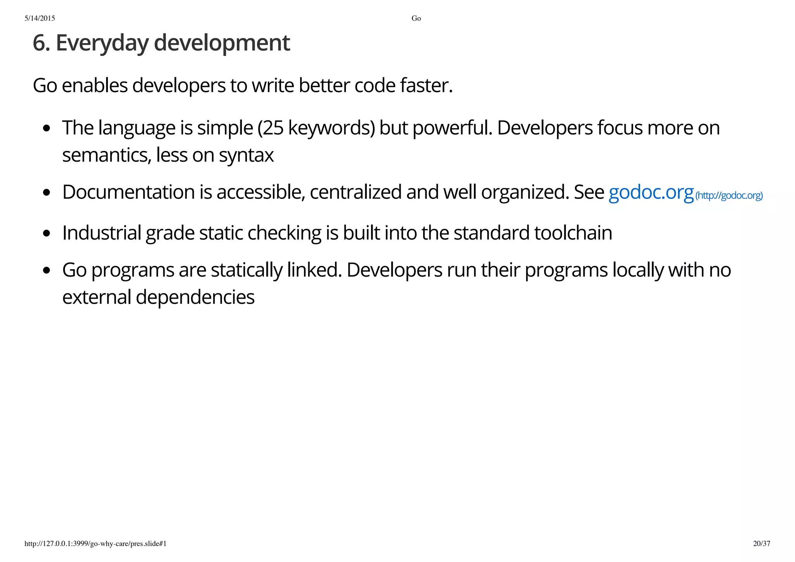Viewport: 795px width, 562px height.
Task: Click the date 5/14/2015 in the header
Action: click(x=40, y=18)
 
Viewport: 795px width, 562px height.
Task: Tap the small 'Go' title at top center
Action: click(x=416, y=18)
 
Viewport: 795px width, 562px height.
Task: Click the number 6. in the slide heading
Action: click(x=41, y=43)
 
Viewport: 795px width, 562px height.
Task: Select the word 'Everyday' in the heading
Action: click(x=102, y=43)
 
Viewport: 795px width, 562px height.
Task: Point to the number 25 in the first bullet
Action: click(x=274, y=128)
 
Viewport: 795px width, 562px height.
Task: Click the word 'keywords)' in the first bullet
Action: click(x=332, y=128)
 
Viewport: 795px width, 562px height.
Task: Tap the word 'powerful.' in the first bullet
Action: click(x=452, y=128)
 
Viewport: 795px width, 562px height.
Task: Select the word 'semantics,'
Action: click(x=107, y=155)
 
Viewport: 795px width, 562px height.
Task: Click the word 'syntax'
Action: click(x=246, y=155)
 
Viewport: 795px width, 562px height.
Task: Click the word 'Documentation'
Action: click(x=128, y=192)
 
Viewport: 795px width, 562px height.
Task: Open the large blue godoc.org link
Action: click(x=651, y=192)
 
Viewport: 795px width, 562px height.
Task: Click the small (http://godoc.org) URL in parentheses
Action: click(x=729, y=195)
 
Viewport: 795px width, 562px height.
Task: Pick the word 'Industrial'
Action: click(x=102, y=233)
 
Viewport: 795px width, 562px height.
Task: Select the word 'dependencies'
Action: click(x=195, y=298)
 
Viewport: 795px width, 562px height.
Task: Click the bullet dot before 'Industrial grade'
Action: click(x=47, y=233)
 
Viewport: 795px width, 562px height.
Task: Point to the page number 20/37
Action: click(x=761, y=543)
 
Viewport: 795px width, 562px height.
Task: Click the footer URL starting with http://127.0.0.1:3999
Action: click(x=95, y=543)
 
